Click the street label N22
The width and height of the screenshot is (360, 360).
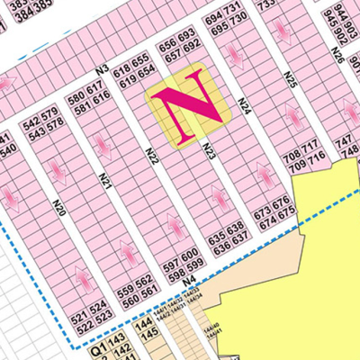(152, 158)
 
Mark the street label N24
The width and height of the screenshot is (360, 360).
(244, 106)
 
